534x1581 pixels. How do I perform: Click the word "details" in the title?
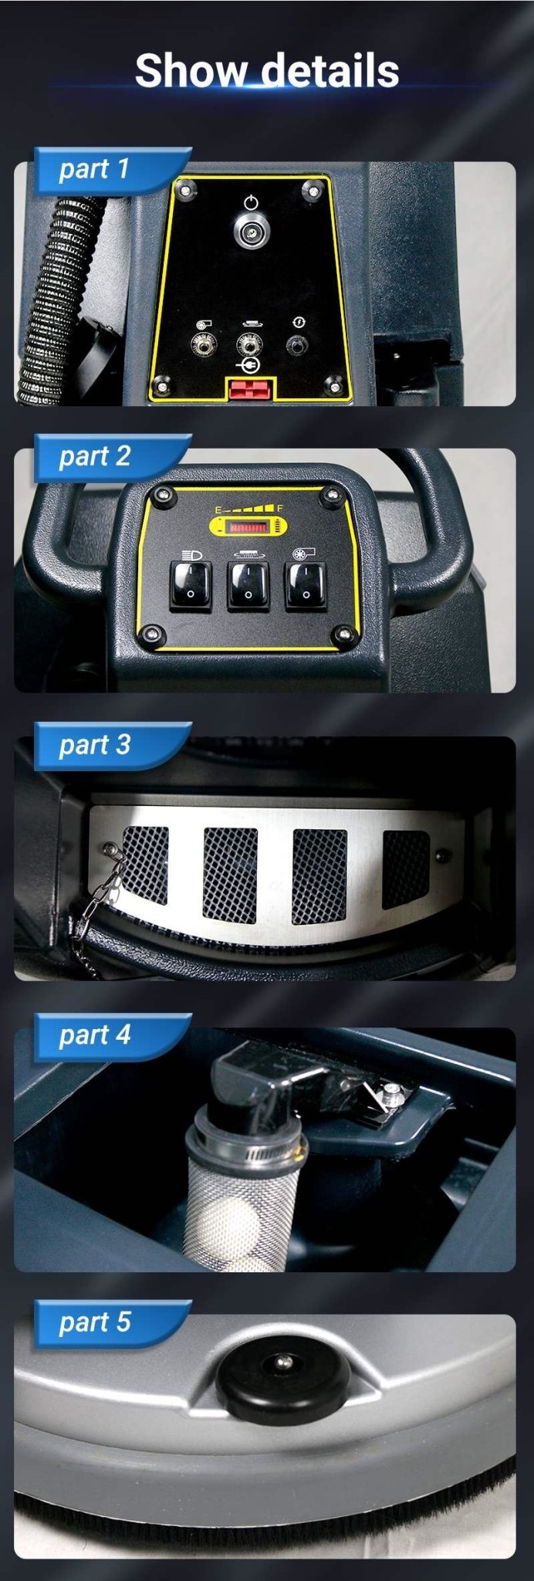pos(330,70)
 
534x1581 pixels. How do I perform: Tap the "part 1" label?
pos(94,169)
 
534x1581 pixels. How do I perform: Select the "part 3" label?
pos(94,745)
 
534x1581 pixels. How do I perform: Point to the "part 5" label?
pos(94,1322)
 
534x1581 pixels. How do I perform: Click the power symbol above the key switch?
pos(250,204)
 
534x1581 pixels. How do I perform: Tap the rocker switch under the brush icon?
pos(248,584)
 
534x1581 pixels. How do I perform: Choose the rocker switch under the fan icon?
pos(306,586)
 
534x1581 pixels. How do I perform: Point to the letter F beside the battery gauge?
pos(280,510)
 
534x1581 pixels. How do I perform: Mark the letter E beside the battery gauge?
pos(218,511)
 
